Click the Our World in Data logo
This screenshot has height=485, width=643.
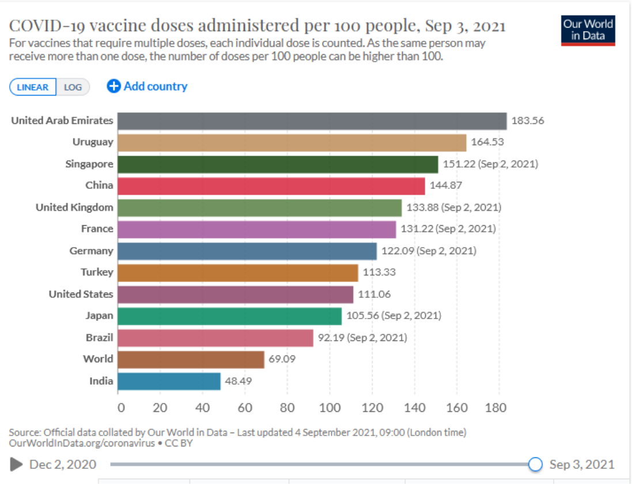pyautogui.click(x=588, y=31)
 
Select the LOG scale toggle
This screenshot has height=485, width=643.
pyautogui.click(x=73, y=87)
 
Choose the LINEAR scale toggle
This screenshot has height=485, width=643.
pyautogui.click(x=33, y=87)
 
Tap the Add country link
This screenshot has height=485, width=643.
pyautogui.click(x=147, y=86)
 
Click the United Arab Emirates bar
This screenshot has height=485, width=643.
pyautogui.click(x=312, y=121)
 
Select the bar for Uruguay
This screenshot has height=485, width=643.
pyautogui.click(x=292, y=142)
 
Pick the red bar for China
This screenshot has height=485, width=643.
pyautogui.click(x=271, y=185)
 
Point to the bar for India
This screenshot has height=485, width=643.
pyautogui.click(x=169, y=381)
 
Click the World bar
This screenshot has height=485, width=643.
pyautogui.click(x=191, y=359)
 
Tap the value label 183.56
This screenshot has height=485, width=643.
pyautogui.click(x=528, y=121)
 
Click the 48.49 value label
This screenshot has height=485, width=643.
pyautogui.click(x=238, y=381)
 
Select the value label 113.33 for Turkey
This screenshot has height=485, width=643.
pyautogui.click(x=379, y=272)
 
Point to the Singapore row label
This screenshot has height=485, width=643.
pyautogui.click(x=89, y=164)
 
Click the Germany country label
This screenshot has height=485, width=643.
pyautogui.click(x=91, y=251)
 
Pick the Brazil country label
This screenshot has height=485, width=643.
pyautogui.click(x=100, y=337)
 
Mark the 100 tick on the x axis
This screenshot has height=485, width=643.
pyautogui.click(x=330, y=408)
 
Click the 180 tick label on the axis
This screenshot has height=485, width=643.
pyautogui.click(x=496, y=408)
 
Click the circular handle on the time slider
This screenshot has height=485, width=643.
pyautogui.click(x=535, y=464)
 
